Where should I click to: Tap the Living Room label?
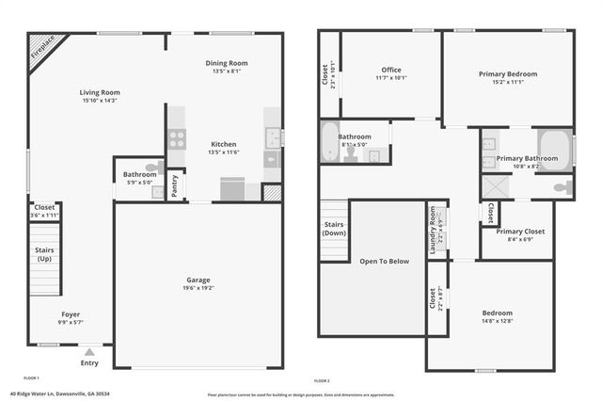(x=99, y=93)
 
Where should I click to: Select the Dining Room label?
(x=226, y=64)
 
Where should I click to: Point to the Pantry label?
(x=174, y=186)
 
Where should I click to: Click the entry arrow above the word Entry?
(x=89, y=351)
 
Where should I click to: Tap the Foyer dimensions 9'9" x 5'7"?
(x=71, y=322)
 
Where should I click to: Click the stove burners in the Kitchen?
(x=176, y=139)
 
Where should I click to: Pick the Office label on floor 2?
(x=391, y=70)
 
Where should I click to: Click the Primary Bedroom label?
(x=508, y=74)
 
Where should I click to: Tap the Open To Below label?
(x=385, y=261)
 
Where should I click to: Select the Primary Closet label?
(x=520, y=232)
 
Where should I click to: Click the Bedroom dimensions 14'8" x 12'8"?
(x=498, y=321)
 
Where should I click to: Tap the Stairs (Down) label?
(x=334, y=229)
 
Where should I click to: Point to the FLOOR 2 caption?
(x=322, y=380)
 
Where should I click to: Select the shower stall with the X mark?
(x=495, y=186)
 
